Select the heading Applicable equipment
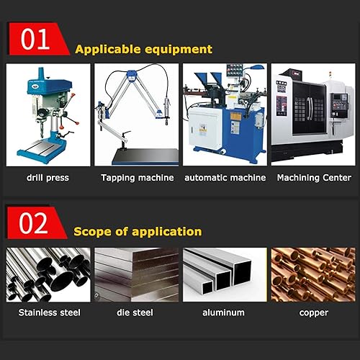[x=143, y=49]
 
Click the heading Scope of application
[x=138, y=232]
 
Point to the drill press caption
[x=48, y=178]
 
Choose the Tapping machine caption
[x=138, y=178]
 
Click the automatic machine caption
[x=225, y=178]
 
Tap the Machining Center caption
[x=314, y=178]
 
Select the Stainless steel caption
[x=49, y=312]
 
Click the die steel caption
[x=135, y=312]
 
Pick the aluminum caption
[x=223, y=312]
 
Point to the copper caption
[x=313, y=313]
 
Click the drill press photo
[x=48, y=114]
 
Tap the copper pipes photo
[x=313, y=274]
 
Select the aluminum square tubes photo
[x=225, y=274]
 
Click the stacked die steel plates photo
[x=137, y=274]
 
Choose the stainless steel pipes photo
[x=48, y=274]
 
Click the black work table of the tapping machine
[x=145, y=156]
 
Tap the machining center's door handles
[x=310, y=107]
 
